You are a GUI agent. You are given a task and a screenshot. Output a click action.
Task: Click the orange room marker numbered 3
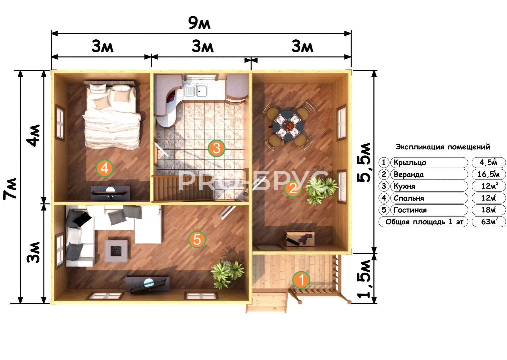point(217,148)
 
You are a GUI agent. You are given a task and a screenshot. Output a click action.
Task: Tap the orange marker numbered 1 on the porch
point(301,280)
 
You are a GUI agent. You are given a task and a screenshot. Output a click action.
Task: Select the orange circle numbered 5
point(197,239)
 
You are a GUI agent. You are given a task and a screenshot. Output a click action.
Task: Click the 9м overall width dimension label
point(200,23)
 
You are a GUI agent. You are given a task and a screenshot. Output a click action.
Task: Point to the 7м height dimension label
point(10,189)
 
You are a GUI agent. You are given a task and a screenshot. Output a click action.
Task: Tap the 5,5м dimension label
point(364,162)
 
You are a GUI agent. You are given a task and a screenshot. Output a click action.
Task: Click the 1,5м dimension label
point(364,279)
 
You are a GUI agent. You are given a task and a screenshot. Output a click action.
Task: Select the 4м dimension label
point(33,135)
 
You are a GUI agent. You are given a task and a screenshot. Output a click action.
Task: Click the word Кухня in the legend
point(404,186)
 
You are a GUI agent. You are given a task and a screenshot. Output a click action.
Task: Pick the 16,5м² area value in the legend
point(488,174)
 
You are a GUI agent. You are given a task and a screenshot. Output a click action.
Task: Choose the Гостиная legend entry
point(410,210)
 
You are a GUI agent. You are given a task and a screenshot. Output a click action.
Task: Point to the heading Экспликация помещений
point(443,147)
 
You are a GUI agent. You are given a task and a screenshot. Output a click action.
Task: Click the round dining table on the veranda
point(288,126)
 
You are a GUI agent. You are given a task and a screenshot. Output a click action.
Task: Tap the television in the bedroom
point(111,193)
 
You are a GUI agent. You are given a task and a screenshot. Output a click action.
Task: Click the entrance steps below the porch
point(266,302)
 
